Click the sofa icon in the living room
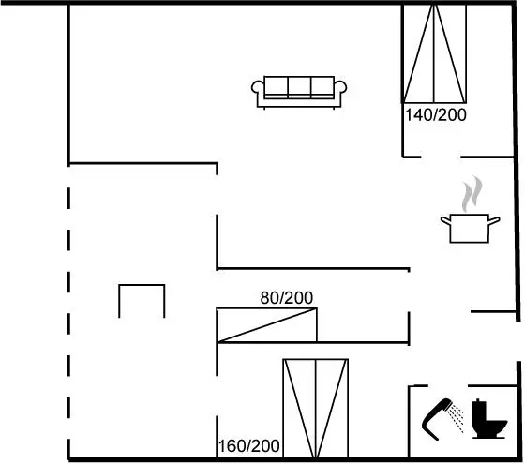(x=299, y=93)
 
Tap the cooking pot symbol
(x=470, y=229)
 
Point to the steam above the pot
(x=472, y=194)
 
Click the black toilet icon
(x=488, y=419)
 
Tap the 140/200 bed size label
(x=436, y=115)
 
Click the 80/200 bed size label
(x=287, y=298)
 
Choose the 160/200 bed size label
(x=248, y=446)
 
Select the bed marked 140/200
(x=434, y=52)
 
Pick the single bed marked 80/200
(x=267, y=325)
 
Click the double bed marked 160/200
(x=315, y=409)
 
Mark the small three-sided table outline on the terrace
(x=142, y=285)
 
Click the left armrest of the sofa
(x=258, y=88)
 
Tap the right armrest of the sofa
(x=340, y=88)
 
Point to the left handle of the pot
(x=445, y=220)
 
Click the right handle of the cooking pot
(x=495, y=220)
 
